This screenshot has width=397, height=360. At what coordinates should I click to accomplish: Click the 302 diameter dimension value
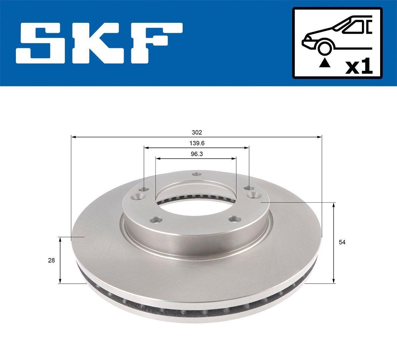(197, 132)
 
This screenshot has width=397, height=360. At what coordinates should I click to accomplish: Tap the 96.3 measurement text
(197, 154)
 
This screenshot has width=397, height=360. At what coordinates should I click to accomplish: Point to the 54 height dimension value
(342, 242)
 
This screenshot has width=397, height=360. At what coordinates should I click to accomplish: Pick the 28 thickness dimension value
(51, 260)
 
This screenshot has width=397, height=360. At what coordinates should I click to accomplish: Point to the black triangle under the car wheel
(325, 62)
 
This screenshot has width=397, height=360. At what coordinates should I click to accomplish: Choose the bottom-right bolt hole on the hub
(235, 219)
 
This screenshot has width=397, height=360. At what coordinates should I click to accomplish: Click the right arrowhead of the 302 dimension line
(320, 137)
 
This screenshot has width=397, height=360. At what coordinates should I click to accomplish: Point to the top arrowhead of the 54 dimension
(334, 205)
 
